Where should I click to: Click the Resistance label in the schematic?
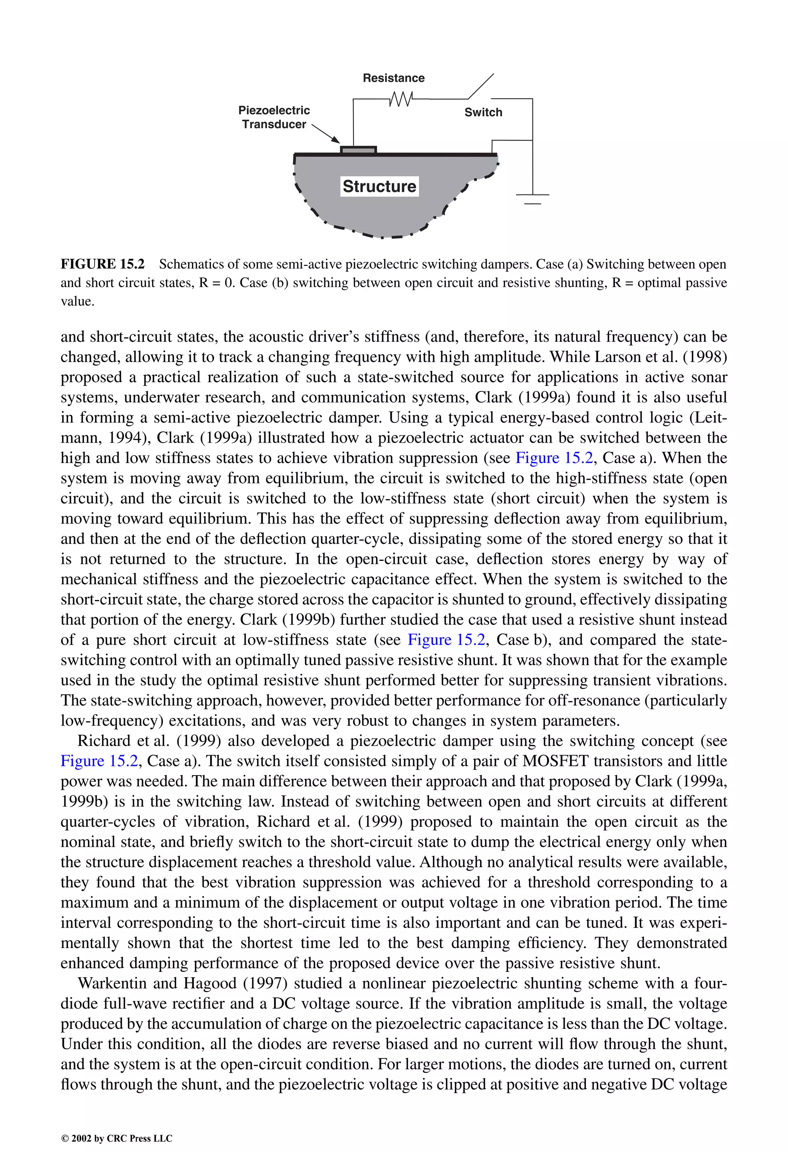click(x=394, y=78)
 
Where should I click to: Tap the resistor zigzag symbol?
click(x=401, y=99)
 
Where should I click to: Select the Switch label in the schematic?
click(x=483, y=112)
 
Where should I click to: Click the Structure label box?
click(x=379, y=186)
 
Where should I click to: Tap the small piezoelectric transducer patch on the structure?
click(x=358, y=150)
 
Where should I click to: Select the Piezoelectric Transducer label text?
click(x=274, y=117)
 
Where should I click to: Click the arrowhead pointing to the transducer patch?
click(x=335, y=140)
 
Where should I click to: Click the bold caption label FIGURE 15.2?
click(x=103, y=264)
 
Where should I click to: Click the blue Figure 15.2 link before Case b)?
click(x=446, y=639)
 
